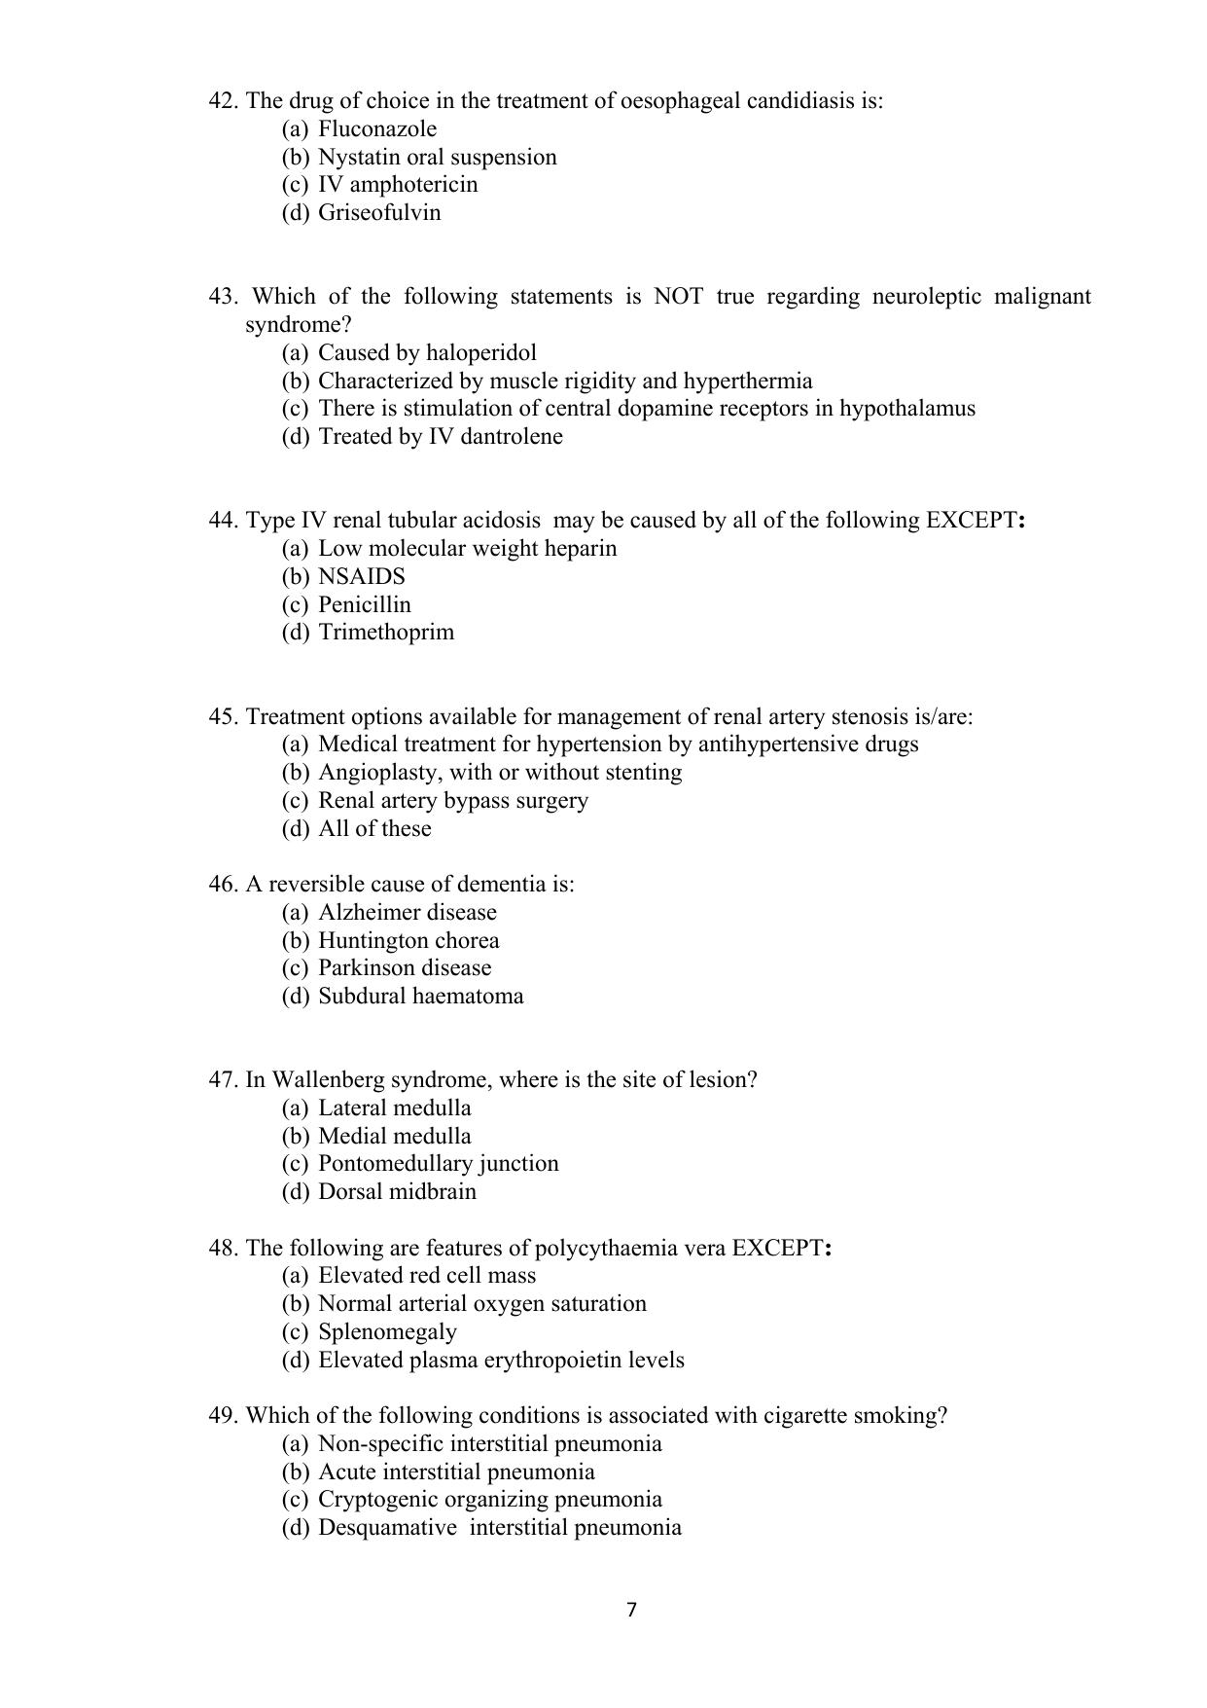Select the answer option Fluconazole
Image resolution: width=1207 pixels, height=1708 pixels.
click(x=376, y=129)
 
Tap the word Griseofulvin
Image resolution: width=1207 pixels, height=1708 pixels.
click(x=378, y=213)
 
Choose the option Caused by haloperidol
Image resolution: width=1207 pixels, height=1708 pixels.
click(x=427, y=353)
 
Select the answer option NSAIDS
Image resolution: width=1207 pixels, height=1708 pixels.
click(x=361, y=577)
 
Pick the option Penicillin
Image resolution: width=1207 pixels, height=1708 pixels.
click(x=364, y=605)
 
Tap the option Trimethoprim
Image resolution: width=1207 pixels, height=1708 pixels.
click(x=385, y=633)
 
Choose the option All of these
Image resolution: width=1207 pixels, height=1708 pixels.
click(x=374, y=829)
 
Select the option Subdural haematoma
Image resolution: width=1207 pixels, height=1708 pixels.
click(x=420, y=997)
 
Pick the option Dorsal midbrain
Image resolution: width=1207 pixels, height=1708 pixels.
click(x=397, y=1192)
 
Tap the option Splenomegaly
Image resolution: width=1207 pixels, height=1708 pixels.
click(x=387, y=1332)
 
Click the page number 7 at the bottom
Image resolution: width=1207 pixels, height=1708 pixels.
click(x=631, y=1611)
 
